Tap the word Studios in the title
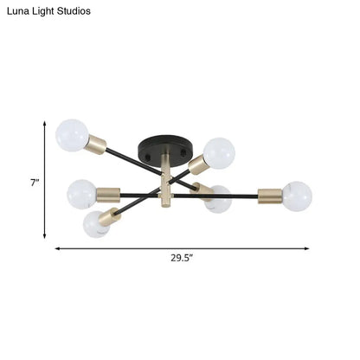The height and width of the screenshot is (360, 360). [74, 11]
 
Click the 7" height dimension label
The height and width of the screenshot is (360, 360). [35, 183]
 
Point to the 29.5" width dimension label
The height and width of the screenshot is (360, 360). [182, 258]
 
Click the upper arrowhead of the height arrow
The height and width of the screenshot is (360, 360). [44, 124]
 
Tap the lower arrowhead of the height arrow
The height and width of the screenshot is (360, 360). [44, 236]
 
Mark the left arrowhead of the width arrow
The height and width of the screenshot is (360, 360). [58, 248]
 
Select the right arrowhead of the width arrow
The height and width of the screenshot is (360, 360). [306, 248]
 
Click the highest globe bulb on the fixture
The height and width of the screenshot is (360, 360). [72, 135]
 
